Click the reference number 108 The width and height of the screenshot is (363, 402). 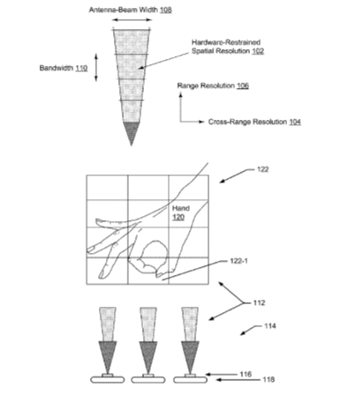point(166,10)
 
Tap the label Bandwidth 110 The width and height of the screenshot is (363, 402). point(64,68)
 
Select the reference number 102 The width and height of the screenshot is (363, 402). point(258,51)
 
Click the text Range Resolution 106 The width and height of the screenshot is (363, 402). point(213,86)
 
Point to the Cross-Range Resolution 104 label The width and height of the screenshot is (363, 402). point(254,122)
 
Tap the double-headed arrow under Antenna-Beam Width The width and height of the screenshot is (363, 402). point(132,19)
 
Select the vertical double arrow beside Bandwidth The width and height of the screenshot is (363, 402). point(96,67)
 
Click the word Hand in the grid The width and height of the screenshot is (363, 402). point(181,208)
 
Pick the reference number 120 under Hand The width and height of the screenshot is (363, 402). point(178,217)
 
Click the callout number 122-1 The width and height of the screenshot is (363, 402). point(238,261)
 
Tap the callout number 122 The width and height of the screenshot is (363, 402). point(262,169)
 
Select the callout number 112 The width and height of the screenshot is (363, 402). point(259,302)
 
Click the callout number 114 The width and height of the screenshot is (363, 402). point(270,326)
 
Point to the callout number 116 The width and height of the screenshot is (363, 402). point(246,374)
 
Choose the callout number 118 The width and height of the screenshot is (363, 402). point(268,380)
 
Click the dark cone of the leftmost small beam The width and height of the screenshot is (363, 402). point(108,355)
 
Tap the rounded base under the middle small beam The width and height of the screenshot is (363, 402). point(148,380)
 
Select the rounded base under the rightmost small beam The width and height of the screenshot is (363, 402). point(190,380)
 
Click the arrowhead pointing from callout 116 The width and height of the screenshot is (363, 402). point(208,375)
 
